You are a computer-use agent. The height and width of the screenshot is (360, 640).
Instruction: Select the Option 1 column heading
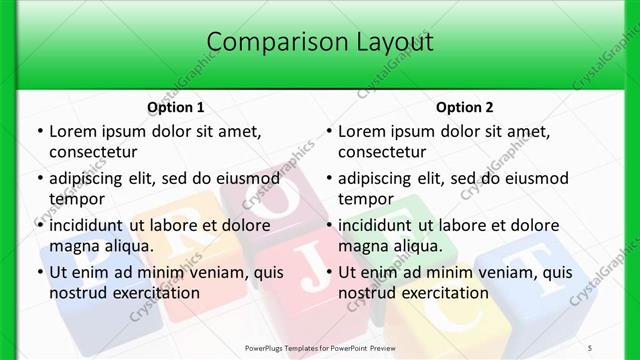tap(176, 107)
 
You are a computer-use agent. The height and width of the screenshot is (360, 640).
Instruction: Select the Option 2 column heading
tap(465, 107)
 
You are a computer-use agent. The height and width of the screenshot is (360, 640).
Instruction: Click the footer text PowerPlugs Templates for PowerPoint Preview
tap(320, 348)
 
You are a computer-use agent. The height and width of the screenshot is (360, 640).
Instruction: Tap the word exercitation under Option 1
tap(154, 294)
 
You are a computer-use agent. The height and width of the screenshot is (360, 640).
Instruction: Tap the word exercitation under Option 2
tap(443, 294)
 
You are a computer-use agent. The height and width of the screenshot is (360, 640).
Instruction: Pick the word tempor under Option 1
tap(77, 199)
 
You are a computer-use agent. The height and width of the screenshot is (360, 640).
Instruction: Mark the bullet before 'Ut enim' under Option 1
tap(40, 272)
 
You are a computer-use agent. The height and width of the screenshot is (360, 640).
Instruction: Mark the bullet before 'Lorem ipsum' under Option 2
tap(329, 131)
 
